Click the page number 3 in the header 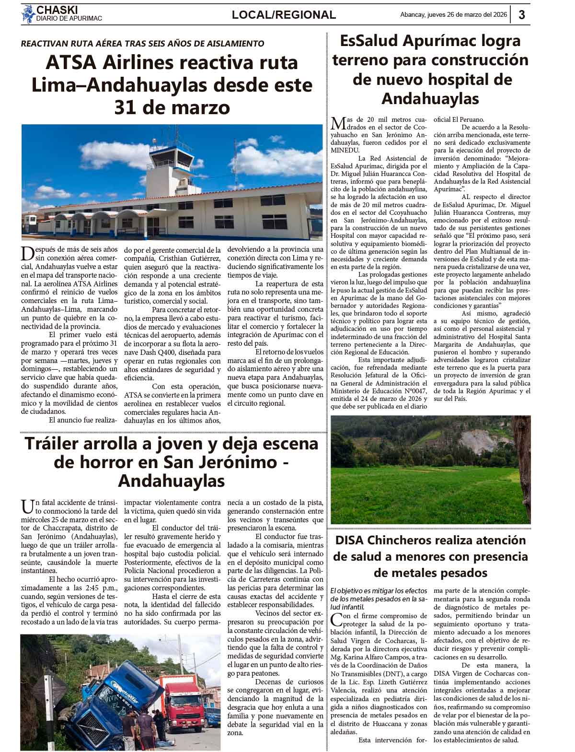pos(521,15)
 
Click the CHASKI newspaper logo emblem pos(28,14)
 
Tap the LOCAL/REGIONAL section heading pos(284,15)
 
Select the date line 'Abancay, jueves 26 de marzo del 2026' pos(453,15)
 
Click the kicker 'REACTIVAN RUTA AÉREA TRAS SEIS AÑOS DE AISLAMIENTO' pos(142,43)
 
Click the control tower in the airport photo pos(169,166)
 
